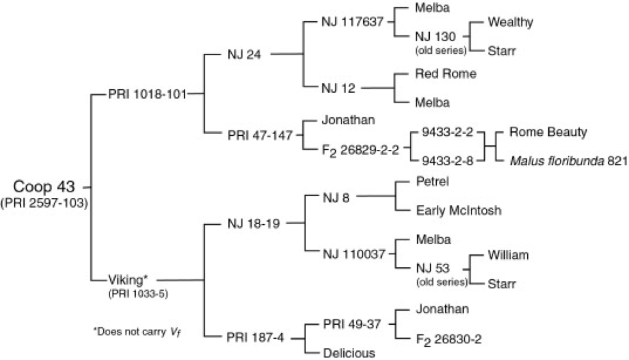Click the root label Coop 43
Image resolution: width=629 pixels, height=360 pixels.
[42, 186]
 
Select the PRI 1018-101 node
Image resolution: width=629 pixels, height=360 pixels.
[147, 94]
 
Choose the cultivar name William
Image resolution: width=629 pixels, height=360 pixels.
[507, 254]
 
